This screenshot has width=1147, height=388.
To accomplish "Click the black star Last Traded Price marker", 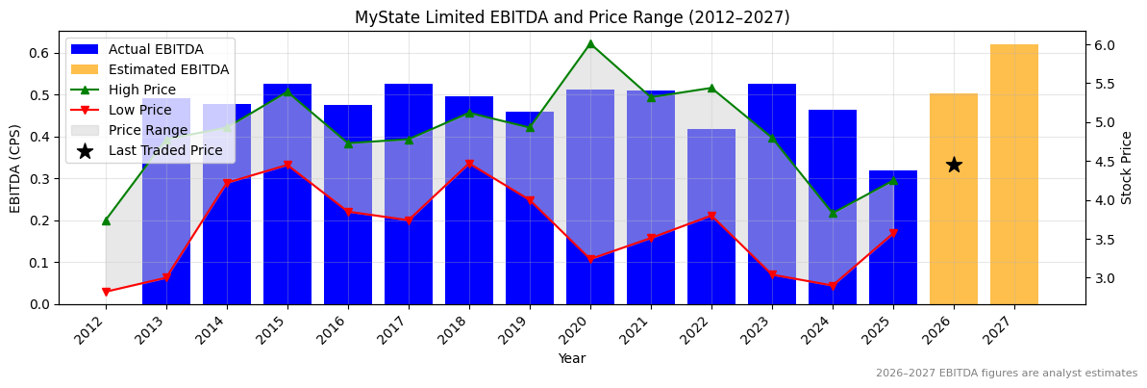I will [954, 165].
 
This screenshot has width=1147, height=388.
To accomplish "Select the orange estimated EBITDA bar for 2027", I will [1014, 174].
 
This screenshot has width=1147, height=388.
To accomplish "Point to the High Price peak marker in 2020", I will [590, 43].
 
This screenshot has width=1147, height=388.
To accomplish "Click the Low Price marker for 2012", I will [106, 292].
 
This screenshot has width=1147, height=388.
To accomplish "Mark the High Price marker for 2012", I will [106, 220].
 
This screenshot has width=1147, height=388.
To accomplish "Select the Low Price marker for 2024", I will [833, 286].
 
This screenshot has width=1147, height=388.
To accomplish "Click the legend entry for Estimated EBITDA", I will [168, 69].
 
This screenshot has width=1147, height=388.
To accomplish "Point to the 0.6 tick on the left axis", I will [40, 53].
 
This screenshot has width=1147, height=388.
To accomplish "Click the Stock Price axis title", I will [1128, 168].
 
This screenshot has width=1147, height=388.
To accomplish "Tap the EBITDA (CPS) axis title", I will [15, 168].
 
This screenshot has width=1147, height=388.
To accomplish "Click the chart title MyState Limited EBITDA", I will [572, 17].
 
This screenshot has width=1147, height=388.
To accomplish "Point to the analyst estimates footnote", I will [1006, 374].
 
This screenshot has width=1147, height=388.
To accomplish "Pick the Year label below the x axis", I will [572, 358].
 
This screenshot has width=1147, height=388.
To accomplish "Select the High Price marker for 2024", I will [833, 213].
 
